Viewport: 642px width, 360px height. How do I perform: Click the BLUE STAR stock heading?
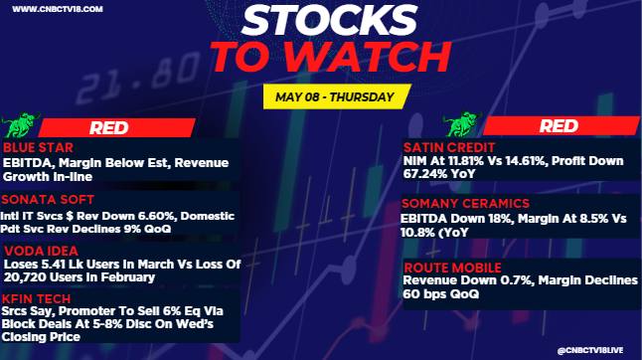point(38,147)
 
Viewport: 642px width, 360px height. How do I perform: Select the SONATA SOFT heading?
point(48,200)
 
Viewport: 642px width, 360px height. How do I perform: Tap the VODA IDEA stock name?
point(41,251)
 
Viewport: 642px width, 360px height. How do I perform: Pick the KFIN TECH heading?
point(36,298)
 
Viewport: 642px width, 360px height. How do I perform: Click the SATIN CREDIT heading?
point(449,147)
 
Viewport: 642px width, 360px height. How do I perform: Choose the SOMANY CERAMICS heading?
point(465,203)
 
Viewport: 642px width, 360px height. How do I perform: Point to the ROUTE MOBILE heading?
point(452,268)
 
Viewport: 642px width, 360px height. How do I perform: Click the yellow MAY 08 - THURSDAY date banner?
point(337,96)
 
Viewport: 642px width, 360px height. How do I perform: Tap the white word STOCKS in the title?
point(330,20)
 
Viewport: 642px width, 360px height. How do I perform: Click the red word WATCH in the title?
point(368,57)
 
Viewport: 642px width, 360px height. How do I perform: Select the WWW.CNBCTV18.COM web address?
point(58,9)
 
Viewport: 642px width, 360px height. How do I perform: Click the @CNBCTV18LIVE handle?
point(590,351)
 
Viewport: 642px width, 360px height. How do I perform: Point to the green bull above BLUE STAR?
point(20,125)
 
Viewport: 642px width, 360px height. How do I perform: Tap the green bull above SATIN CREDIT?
point(463,124)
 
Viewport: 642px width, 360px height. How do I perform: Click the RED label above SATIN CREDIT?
point(559,125)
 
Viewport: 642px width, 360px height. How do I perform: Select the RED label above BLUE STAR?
point(109,127)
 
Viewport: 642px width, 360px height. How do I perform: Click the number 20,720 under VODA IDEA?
point(23,277)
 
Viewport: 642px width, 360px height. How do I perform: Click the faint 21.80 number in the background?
point(138,79)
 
